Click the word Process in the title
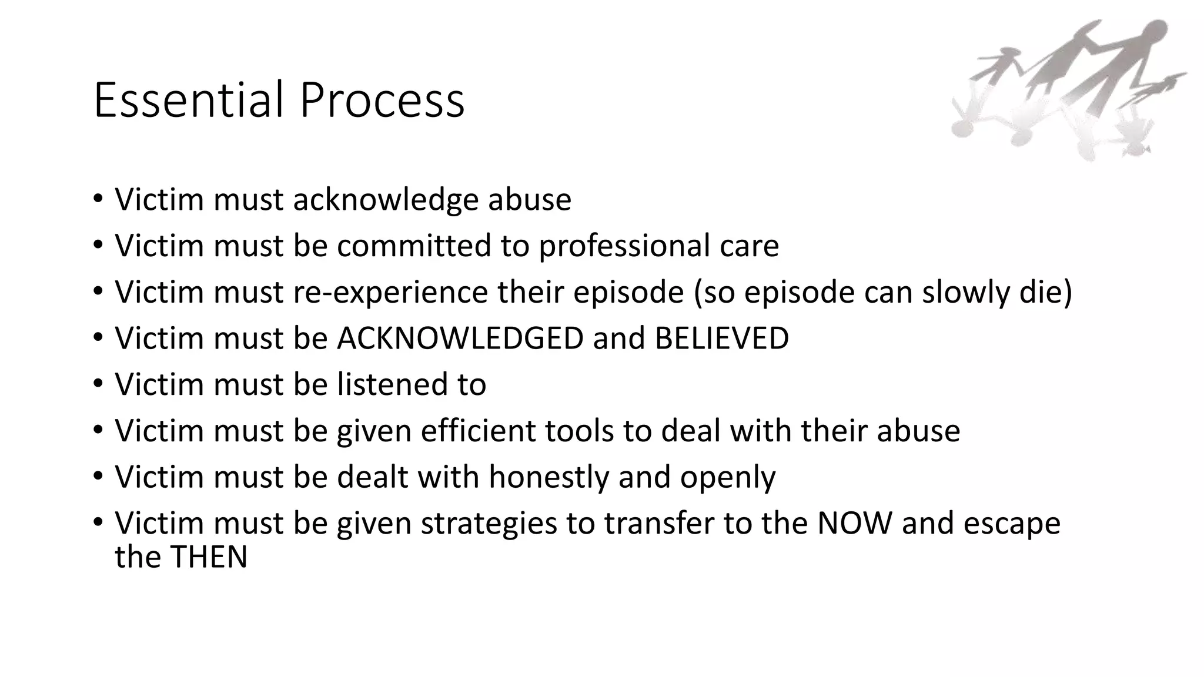[x=382, y=100]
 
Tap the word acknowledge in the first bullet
[x=386, y=199]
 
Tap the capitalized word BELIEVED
[x=721, y=338]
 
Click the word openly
[x=728, y=477]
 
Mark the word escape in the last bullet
[x=1012, y=523]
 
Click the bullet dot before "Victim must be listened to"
[x=98, y=384]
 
